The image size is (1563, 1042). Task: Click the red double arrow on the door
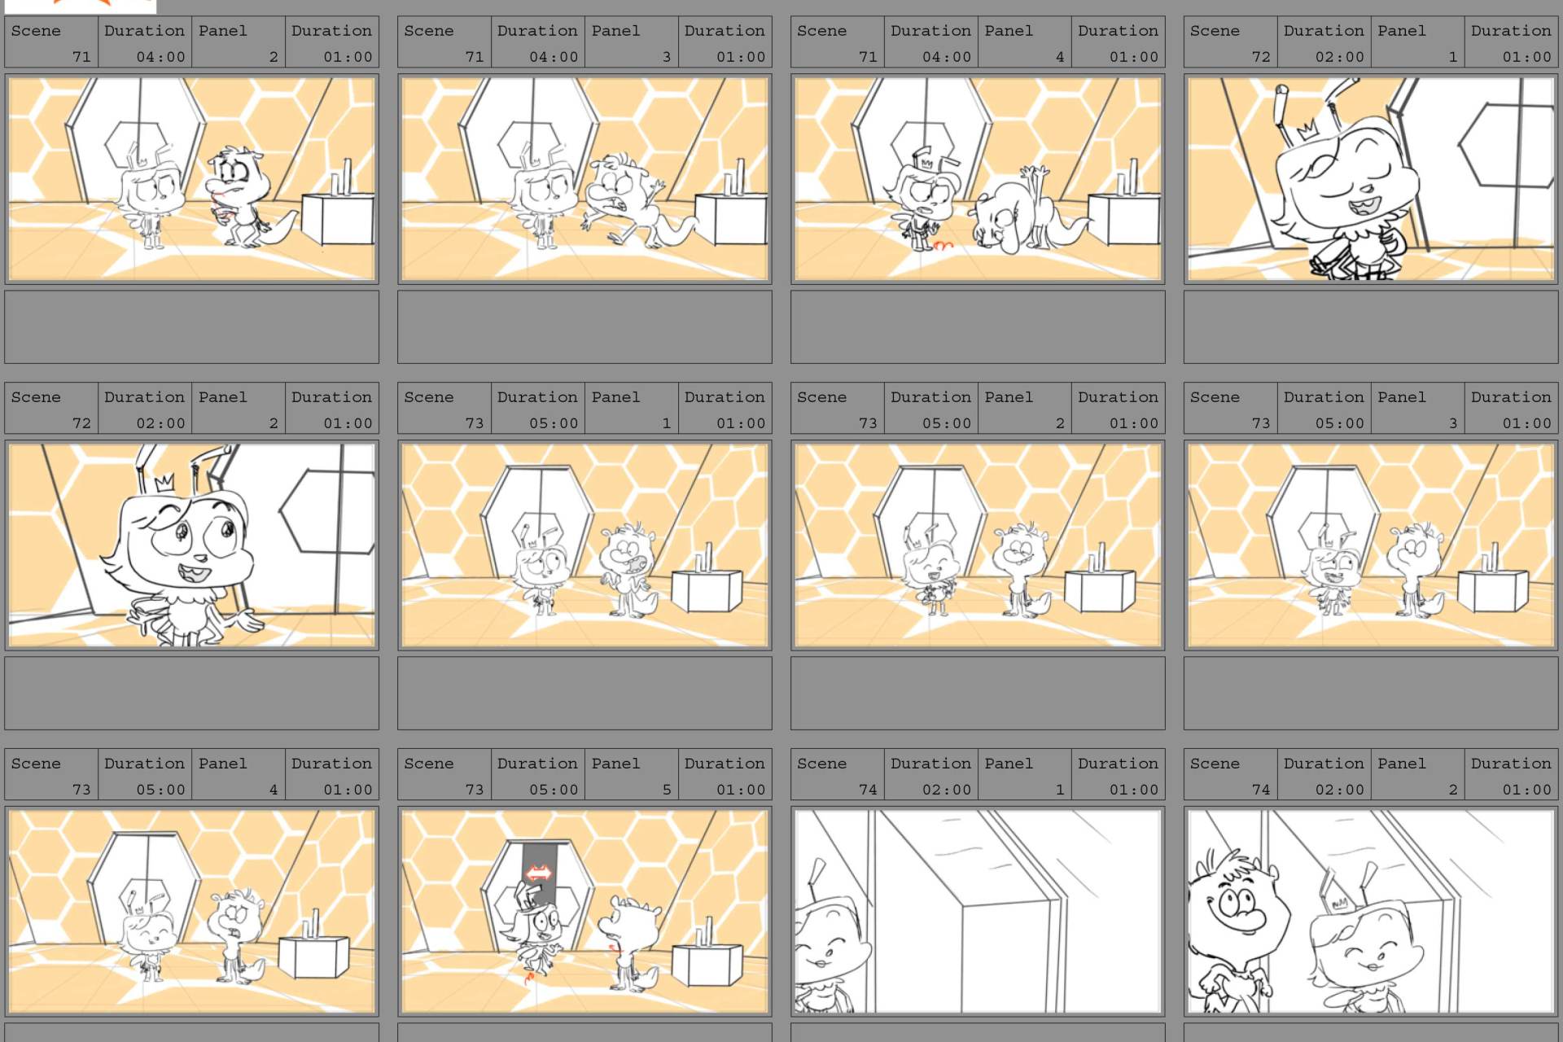(538, 873)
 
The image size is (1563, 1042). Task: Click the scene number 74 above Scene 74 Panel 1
(868, 789)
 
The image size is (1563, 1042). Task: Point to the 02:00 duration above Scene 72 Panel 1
(1339, 56)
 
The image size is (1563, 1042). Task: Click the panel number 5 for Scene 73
(666, 789)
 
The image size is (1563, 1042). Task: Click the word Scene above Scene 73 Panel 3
(1215, 396)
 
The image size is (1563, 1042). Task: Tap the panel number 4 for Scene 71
(1059, 56)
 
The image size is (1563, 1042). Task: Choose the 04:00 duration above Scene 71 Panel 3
(554, 56)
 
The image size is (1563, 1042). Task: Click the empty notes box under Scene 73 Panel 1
(584, 693)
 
